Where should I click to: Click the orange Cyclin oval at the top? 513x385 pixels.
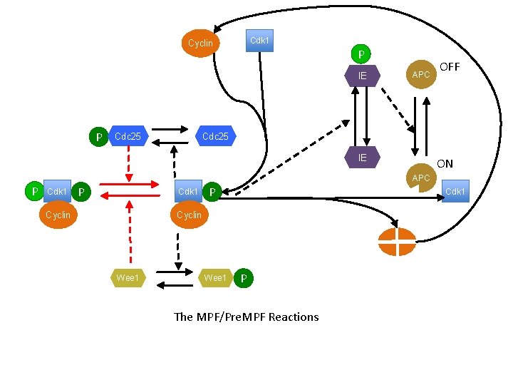pos(200,43)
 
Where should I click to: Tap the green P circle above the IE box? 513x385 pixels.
pos(361,55)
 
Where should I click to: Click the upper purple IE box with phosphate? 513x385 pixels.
pos(362,75)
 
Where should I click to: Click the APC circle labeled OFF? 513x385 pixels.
pos(421,75)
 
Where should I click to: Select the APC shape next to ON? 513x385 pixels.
pos(421,177)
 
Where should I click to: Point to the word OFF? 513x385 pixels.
pos(450,67)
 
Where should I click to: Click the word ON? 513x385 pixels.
pos(445,164)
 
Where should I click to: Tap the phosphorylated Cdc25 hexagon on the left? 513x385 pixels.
pos(128,135)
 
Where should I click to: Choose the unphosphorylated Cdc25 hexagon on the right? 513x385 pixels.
pos(215,135)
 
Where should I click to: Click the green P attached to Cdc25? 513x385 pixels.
pos(98,136)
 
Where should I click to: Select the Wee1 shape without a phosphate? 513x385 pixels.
pos(128,277)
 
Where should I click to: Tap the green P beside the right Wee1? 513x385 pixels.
pos(243,278)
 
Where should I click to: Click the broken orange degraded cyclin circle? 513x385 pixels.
pos(398,242)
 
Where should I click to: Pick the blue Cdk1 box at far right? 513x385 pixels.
pos(455,191)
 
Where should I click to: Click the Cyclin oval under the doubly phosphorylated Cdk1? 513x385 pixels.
pos(58,215)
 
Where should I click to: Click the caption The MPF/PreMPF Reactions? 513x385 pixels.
pos(247,317)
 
